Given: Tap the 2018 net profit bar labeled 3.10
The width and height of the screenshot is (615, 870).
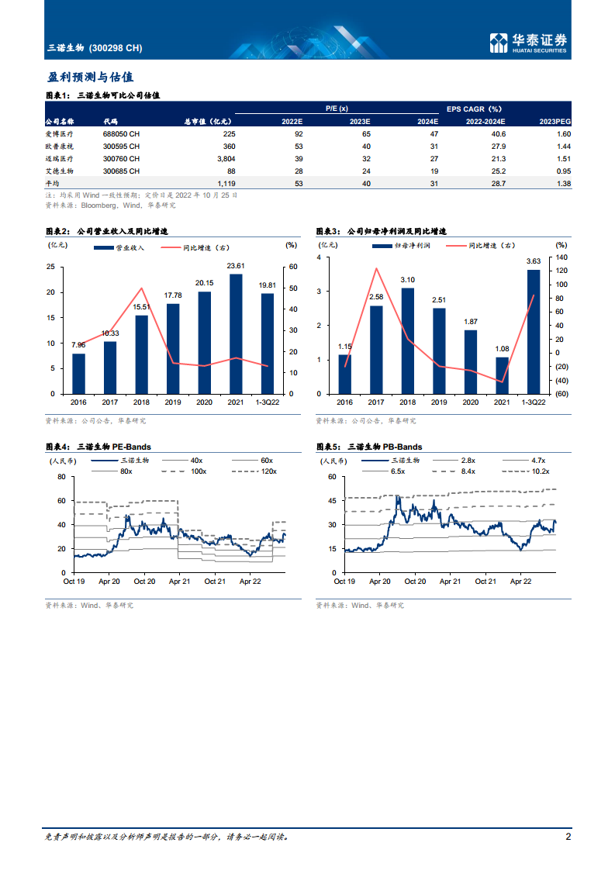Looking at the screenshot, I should coord(407,340).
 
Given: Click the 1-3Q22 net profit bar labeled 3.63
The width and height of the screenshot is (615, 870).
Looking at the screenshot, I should coord(534,331).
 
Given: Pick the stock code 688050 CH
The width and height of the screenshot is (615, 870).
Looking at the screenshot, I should coord(122,133).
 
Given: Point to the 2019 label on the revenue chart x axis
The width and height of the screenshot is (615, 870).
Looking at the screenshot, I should coord(173,403).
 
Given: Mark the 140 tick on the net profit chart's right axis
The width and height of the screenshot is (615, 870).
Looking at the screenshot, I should coord(561,257).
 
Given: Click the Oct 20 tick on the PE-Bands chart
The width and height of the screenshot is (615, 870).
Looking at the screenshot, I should coord(145,581).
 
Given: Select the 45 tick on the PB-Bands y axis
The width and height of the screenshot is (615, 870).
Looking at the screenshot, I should coord(331,501).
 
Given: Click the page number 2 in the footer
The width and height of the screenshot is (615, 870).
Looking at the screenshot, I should coord(568,837).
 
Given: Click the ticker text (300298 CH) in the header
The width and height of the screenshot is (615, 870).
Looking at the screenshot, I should coord(116,48).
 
